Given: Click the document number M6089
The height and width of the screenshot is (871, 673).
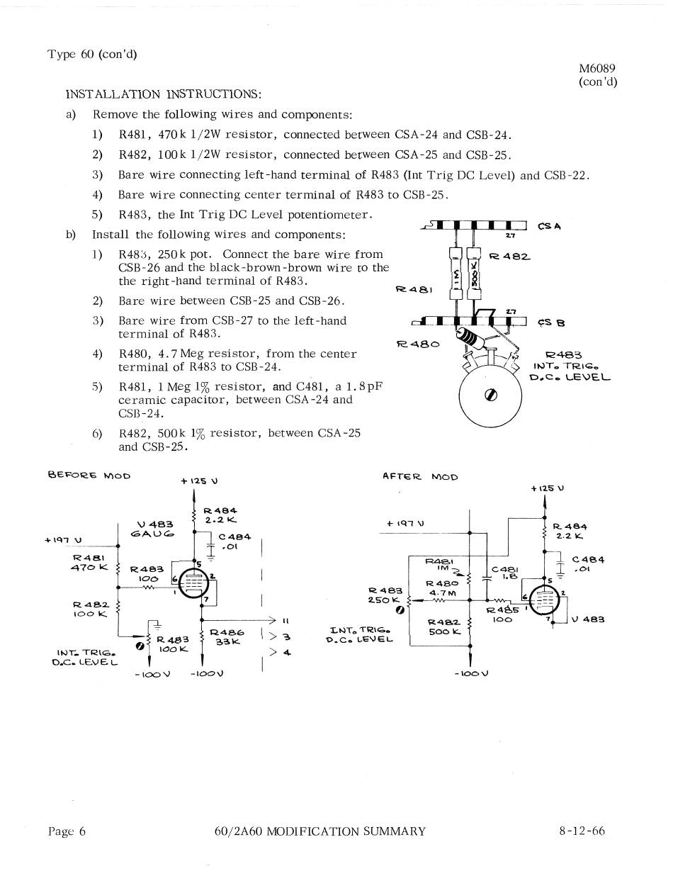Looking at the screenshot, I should point(596,69).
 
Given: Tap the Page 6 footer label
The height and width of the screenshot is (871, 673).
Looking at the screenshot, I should point(67,831).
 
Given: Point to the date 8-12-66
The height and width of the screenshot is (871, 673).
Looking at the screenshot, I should point(582,831).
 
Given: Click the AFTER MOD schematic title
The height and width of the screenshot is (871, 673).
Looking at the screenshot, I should point(419,477).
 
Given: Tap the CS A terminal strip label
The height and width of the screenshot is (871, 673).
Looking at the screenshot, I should point(550,227).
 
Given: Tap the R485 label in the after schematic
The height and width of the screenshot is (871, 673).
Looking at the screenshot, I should point(502,609).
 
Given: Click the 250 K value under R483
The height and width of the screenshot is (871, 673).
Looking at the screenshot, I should point(385,600).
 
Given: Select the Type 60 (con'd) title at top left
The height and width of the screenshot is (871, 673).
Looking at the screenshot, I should point(92,55).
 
